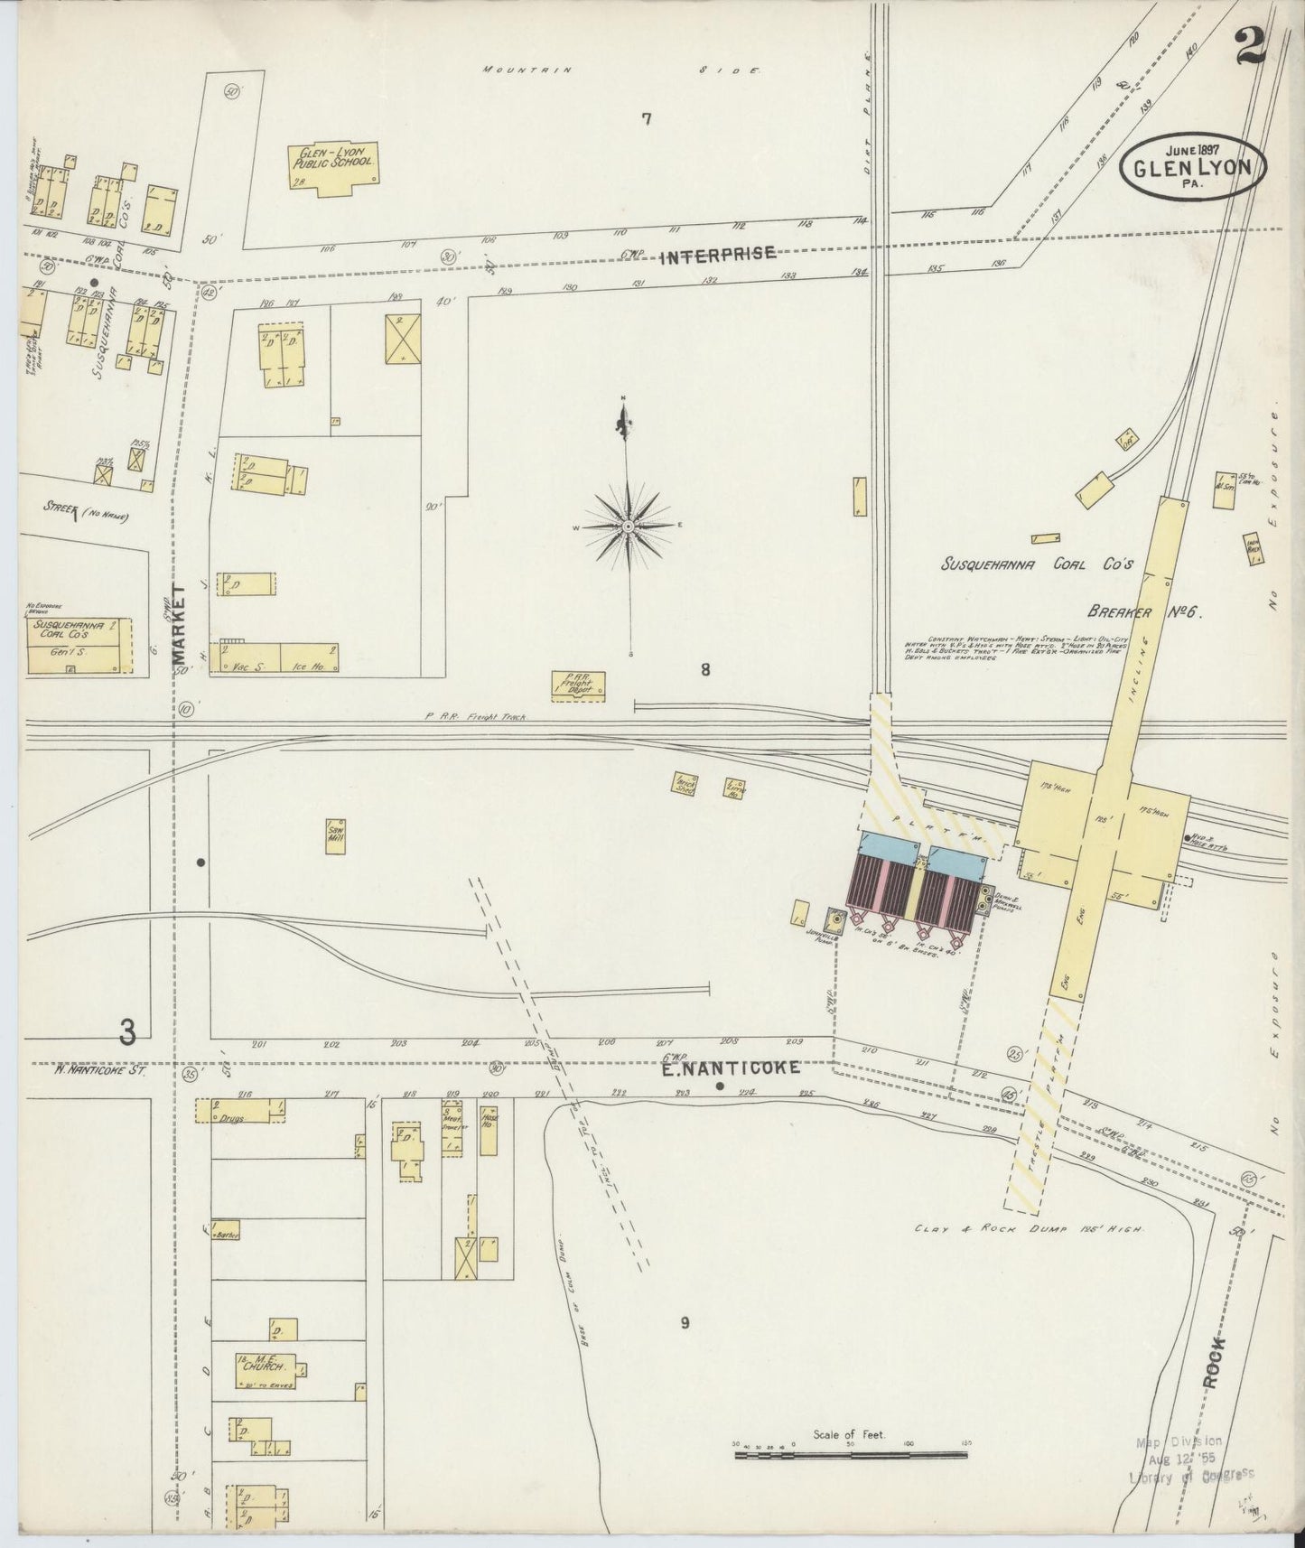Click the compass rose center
click(x=628, y=525)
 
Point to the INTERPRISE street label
click(x=717, y=255)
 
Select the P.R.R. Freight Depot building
click(x=579, y=685)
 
